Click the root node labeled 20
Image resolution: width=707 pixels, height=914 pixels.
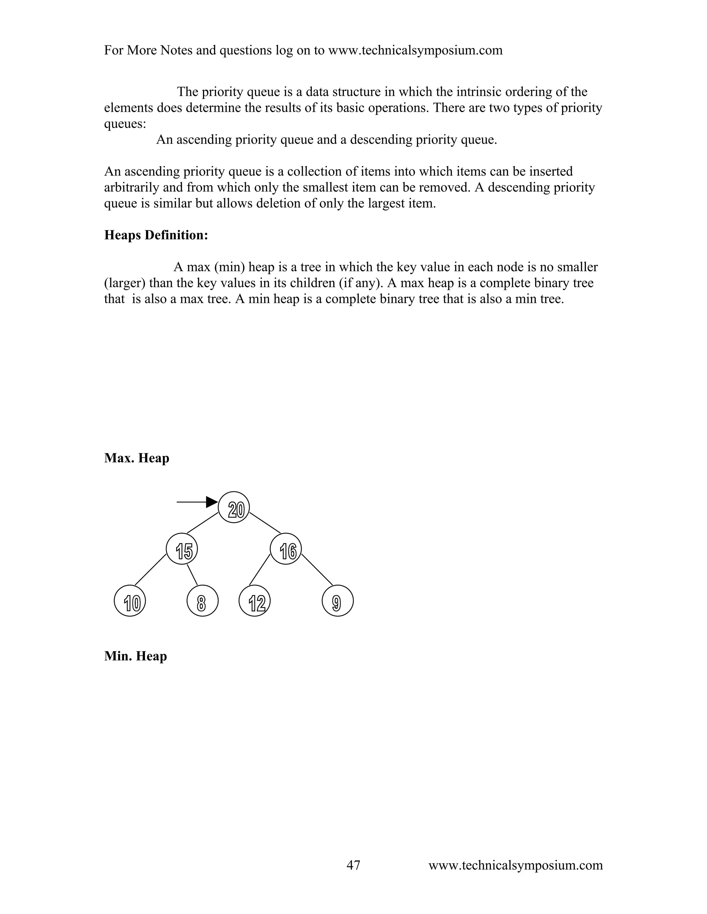pos(234,507)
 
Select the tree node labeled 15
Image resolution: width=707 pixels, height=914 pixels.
pos(181,549)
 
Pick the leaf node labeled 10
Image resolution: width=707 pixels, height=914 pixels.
pos(130,600)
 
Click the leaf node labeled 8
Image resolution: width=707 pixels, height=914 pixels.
pos(202,600)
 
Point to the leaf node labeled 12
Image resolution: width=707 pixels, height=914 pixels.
pos(255,600)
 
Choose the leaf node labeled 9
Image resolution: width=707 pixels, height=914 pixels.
pos(338,600)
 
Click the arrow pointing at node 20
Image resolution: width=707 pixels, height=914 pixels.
pos(197,502)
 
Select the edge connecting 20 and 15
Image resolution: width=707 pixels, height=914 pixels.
pos(203,523)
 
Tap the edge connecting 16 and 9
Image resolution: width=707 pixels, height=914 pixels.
pos(317,569)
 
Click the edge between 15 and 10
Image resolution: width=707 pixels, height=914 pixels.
pos(151,569)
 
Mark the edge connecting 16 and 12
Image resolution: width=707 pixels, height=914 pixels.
pos(260,569)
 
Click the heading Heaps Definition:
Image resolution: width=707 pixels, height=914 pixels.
pos(156,235)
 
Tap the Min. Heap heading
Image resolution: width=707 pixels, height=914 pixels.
pos(135,656)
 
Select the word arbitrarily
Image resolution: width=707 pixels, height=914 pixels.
pos(131,188)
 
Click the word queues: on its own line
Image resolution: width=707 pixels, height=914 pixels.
pos(125,124)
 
